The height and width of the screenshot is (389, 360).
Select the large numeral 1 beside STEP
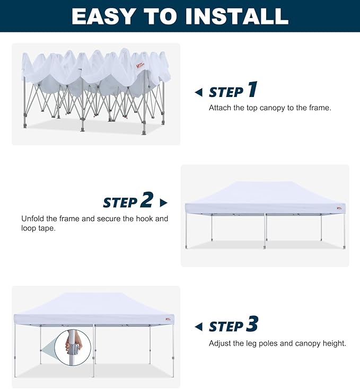252,89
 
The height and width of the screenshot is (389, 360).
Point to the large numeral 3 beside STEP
252,323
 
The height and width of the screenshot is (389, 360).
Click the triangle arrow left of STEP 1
199,93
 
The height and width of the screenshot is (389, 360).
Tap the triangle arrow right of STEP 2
163,202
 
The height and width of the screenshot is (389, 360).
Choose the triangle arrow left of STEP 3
199,327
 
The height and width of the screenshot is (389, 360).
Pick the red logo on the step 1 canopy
140,65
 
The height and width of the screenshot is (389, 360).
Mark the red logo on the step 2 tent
339,208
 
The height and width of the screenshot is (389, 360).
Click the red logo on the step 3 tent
168,319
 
